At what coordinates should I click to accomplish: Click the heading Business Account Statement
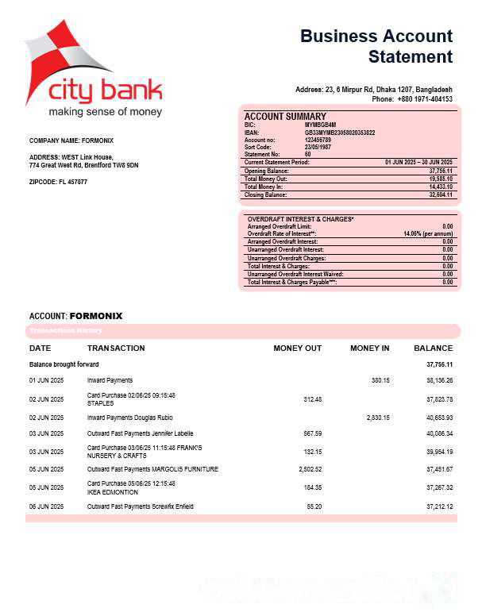[x=376, y=46]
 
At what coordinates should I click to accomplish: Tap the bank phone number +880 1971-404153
[x=424, y=99]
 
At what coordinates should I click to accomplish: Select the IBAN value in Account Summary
[x=340, y=133]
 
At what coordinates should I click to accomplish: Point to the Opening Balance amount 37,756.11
[x=440, y=171]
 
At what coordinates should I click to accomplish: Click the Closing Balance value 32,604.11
[x=440, y=194]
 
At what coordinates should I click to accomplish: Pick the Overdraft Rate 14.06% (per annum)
[x=428, y=234]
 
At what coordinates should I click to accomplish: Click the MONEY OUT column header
[x=297, y=348]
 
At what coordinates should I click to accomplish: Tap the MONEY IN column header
[x=369, y=348]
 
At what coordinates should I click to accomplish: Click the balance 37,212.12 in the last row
[x=438, y=506]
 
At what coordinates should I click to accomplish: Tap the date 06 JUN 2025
[x=46, y=506]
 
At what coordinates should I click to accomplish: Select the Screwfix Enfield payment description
[x=140, y=506]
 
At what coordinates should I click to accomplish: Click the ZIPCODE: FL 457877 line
[x=58, y=182]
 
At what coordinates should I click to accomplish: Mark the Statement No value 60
[x=308, y=155]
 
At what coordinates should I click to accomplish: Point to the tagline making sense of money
[x=105, y=112]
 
